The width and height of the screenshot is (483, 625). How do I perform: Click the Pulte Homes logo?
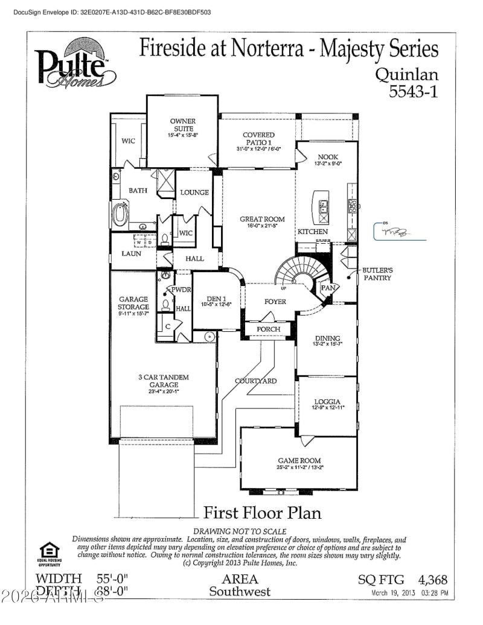[x=75, y=63]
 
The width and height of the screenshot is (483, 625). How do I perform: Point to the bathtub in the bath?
[x=121, y=215]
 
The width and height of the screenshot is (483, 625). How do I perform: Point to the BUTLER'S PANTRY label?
[x=377, y=274]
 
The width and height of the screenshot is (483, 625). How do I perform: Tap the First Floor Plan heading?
[x=262, y=513]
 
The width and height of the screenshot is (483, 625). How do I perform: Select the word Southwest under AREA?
[x=240, y=592]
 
